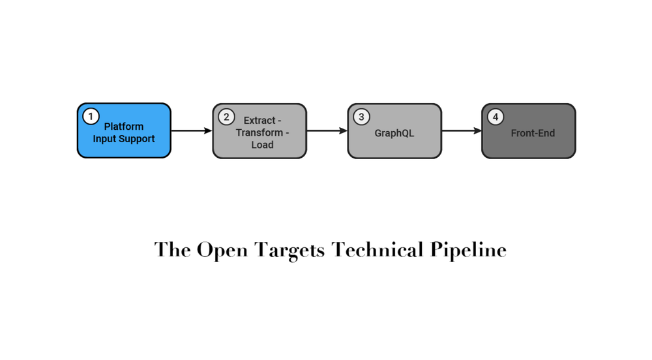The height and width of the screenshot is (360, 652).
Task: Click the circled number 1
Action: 91,117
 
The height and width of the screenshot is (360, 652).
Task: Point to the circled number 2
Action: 226,117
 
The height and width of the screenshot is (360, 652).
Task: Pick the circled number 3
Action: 361,117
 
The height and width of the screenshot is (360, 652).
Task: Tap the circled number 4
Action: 496,117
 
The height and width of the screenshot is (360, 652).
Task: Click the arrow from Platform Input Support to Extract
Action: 192,130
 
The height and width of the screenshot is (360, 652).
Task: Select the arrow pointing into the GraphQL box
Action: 327,130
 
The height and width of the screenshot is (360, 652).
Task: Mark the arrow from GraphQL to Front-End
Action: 462,130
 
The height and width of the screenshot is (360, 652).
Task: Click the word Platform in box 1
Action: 124,127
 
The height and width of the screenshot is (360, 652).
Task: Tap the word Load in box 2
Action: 262,145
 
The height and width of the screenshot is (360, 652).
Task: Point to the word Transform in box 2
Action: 259,132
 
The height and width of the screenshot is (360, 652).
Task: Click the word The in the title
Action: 173,250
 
